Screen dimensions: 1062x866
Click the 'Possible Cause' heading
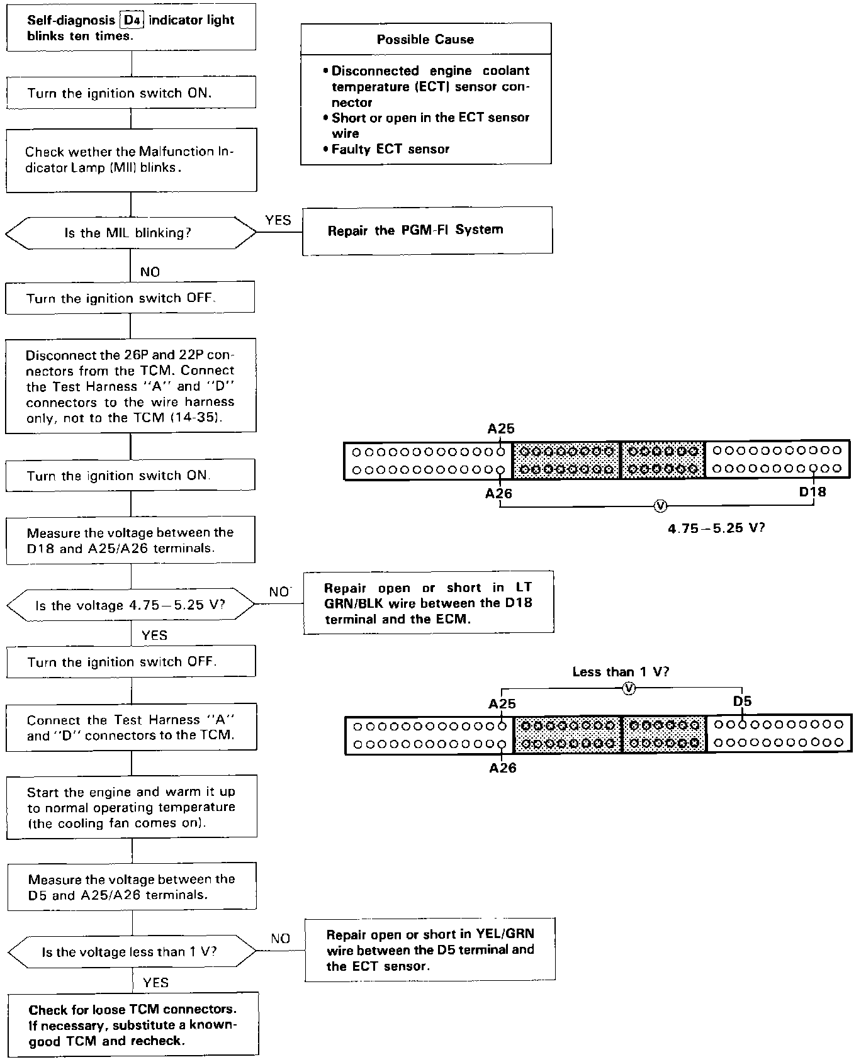click(425, 40)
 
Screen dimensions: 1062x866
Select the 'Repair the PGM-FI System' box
click(427, 230)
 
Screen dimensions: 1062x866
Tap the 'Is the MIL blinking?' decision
click(130, 233)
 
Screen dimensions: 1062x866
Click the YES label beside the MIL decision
click(278, 220)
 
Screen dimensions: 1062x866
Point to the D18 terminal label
click(812, 492)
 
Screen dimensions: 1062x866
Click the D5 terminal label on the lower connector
click(742, 701)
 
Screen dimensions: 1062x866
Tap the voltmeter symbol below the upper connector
click(660, 506)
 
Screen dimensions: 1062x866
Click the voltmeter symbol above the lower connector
click(628, 689)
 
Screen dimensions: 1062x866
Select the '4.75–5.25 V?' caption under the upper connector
click(716, 528)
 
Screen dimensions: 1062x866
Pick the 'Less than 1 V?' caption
click(621, 672)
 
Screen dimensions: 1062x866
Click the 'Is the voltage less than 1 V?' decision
click(132, 952)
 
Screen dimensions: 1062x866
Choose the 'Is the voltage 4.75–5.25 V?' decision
click(130, 606)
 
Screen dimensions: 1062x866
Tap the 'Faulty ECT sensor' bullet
click(390, 149)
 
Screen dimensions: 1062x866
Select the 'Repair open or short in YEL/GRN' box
click(430, 950)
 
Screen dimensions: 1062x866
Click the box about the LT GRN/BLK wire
click(429, 603)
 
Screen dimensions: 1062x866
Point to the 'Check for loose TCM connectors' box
click(133, 1024)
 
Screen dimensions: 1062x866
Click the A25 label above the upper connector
click(501, 429)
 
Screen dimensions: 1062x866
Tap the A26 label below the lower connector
click(502, 768)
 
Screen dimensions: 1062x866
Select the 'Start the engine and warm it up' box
click(132, 808)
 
